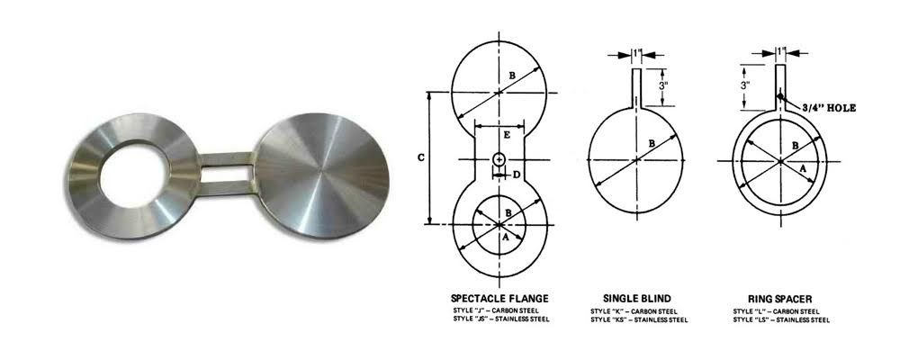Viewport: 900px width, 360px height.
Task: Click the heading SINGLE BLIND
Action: [638, 298]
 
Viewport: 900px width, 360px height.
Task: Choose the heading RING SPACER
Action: [777, 298]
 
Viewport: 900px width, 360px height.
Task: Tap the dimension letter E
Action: [508, 135]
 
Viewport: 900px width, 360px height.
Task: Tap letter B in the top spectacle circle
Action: [511, 76]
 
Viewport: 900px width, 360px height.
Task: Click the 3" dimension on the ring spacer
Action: [746, 85]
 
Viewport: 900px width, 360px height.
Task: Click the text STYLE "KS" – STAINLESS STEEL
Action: [639, 319]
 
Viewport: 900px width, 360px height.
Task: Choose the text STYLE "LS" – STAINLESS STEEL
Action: [780, 319]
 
